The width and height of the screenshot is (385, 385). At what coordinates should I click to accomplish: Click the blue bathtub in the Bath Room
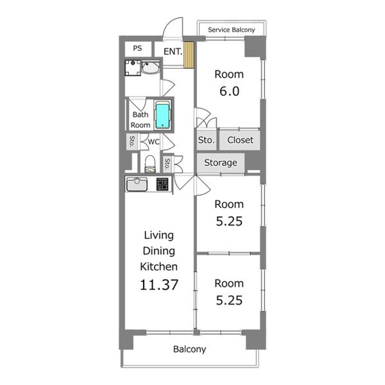[162, 115]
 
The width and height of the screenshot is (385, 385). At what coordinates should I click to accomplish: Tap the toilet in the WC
[150, 164]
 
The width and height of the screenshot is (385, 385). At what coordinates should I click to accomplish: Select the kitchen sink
[137, 184]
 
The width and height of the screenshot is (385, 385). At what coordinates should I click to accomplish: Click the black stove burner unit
[162, 184]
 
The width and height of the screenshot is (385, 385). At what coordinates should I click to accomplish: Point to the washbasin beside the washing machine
[151, 67]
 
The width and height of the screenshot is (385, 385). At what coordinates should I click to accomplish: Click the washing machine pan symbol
[132, 67]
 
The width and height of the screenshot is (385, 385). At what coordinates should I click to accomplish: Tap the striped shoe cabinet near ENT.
[189, 55]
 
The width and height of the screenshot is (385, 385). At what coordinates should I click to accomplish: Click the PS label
[137, 48]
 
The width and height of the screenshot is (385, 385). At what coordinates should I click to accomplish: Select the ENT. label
[173, 51]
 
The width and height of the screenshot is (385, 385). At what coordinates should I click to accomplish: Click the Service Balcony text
[231, 30]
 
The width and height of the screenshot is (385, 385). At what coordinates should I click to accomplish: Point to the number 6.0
[230, 92]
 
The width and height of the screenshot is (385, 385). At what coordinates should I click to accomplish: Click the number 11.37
[159, 285]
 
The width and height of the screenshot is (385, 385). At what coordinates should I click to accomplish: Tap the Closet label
[240, 140]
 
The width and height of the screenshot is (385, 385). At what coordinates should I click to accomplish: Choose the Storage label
[221, 162]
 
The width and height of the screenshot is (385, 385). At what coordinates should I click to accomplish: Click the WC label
[154, 142]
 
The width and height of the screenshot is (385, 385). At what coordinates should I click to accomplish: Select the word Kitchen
[159, 266]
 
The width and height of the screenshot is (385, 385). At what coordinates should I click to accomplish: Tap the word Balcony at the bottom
[189, 349]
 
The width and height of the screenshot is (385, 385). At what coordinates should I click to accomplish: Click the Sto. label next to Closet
[206, 140]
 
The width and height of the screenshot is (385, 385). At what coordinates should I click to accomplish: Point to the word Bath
[140, 114]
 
